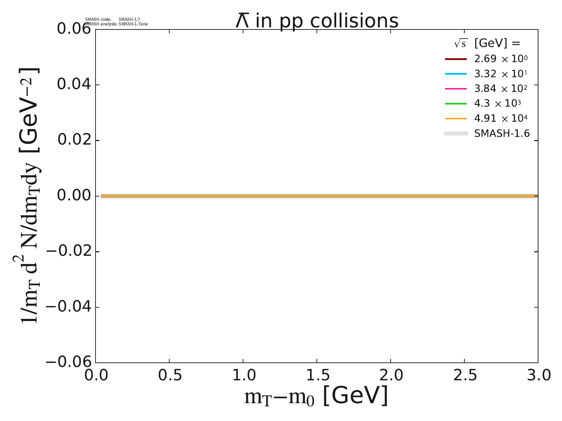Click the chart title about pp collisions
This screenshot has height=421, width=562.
[317, 21]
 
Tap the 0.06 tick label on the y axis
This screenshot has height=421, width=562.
[74, 29]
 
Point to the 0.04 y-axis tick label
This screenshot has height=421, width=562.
[74, 85]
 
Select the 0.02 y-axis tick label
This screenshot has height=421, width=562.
[74, 140]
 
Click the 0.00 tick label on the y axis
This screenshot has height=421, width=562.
[74, 196]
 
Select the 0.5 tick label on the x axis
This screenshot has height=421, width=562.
[169, 376]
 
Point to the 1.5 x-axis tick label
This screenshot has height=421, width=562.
[317, 376]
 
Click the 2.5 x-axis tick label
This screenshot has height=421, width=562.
[464, 376]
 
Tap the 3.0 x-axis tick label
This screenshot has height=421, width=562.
[538, 376]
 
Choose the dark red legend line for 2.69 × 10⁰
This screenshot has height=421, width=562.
[456, 59]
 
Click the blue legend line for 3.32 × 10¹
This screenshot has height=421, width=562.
[456, 74]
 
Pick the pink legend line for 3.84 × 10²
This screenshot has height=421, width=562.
[456, 89]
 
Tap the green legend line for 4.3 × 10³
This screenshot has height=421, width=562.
[456, 104]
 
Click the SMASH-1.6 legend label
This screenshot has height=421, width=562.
[502, 134]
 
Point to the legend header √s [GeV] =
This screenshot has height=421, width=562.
[487, 44]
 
